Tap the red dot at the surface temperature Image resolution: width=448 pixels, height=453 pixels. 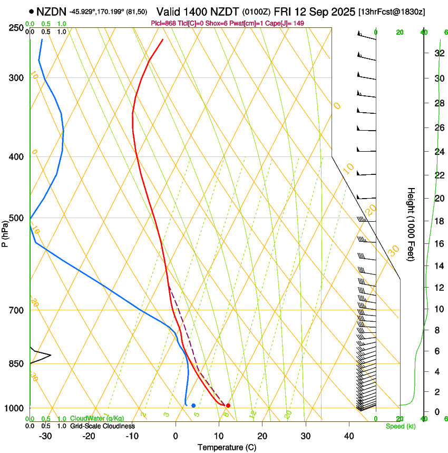click(x=228, y=406)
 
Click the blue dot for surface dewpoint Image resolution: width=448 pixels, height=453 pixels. click(x=193, y=406)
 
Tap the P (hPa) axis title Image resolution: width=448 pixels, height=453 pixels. click(x=5, y=231)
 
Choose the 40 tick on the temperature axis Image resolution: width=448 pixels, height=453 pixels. click(x=348, y=436)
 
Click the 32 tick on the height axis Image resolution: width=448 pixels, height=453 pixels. click(x=439, y=53)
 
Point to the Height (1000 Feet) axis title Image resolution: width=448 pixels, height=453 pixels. click(x=411, y=224)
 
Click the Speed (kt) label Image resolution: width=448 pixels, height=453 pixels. click(x=400, y=426)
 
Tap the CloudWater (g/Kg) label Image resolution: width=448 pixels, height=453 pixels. click(x=97, y=419)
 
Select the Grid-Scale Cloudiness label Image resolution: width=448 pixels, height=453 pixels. click(x=102, y=426)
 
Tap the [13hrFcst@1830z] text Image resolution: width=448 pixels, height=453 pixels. click(x=392, y=12)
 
